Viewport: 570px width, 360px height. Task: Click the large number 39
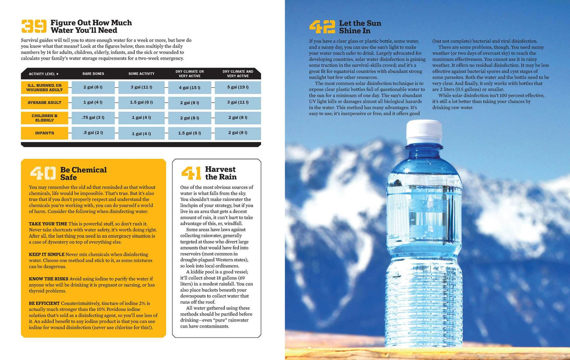(x=34, y=26)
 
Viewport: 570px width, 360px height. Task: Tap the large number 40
(x=43, y=173)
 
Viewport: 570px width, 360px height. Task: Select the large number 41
(x=191, y=173)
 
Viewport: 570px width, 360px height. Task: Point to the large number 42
(x=322, y=27)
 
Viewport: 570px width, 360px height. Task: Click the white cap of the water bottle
(x=424, y=132)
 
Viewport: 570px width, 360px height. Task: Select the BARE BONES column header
(x=93, y=74)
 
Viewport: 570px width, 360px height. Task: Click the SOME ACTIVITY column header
(x=141, y=74)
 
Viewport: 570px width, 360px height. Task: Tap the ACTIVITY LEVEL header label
(x=44, y=74)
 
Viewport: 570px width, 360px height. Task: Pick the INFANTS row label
(x=45, y=133)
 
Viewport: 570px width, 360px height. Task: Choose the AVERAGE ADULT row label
(x=45, y=102)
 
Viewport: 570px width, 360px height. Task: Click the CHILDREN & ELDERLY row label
(x=45, y=117)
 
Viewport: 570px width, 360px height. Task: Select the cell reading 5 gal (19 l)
(x=238, y=87)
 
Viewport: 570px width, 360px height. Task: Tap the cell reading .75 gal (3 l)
(x=93, y=117)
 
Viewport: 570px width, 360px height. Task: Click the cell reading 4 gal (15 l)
(x=190, y=87)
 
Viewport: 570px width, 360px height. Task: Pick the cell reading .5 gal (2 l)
(x=93, y=133)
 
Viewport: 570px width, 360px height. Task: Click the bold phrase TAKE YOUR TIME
(x=48, y=224)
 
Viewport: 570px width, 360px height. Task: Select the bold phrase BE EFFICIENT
(x=44, y=303)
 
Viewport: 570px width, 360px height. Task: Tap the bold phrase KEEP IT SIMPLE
(x=46, y=254)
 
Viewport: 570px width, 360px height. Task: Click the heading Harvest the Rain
(x=221, y=173)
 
